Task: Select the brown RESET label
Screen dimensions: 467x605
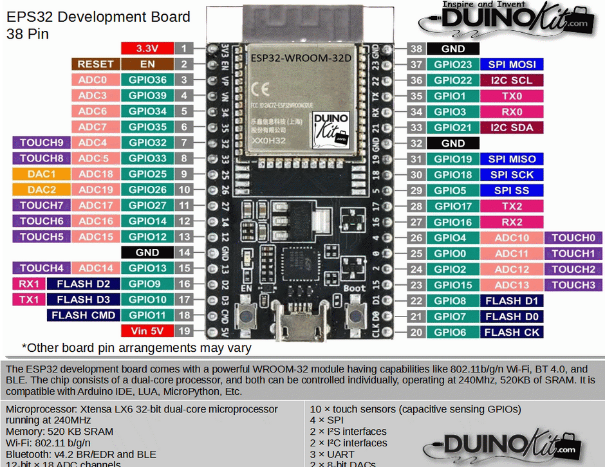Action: [x=95, y=64]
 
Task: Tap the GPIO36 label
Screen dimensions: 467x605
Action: [x=147, y=80]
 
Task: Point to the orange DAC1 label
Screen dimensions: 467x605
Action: [x=41, y=174]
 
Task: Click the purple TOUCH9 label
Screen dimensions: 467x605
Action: [x=41, y=143]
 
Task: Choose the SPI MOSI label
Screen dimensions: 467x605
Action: [x=512, y=64]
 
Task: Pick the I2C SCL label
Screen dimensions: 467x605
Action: [x=512, y=80]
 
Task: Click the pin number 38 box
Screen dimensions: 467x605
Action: [x=416, y=49]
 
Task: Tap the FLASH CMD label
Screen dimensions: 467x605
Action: [x=83, y=315]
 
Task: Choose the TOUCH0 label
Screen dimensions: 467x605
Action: [x=573, y=238]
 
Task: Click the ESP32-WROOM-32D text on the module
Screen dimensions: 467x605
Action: [x=301, y=58]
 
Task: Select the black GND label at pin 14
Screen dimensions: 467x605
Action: [x=147, y=253]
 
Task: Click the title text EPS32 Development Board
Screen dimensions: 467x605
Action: [x=98, y=17]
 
